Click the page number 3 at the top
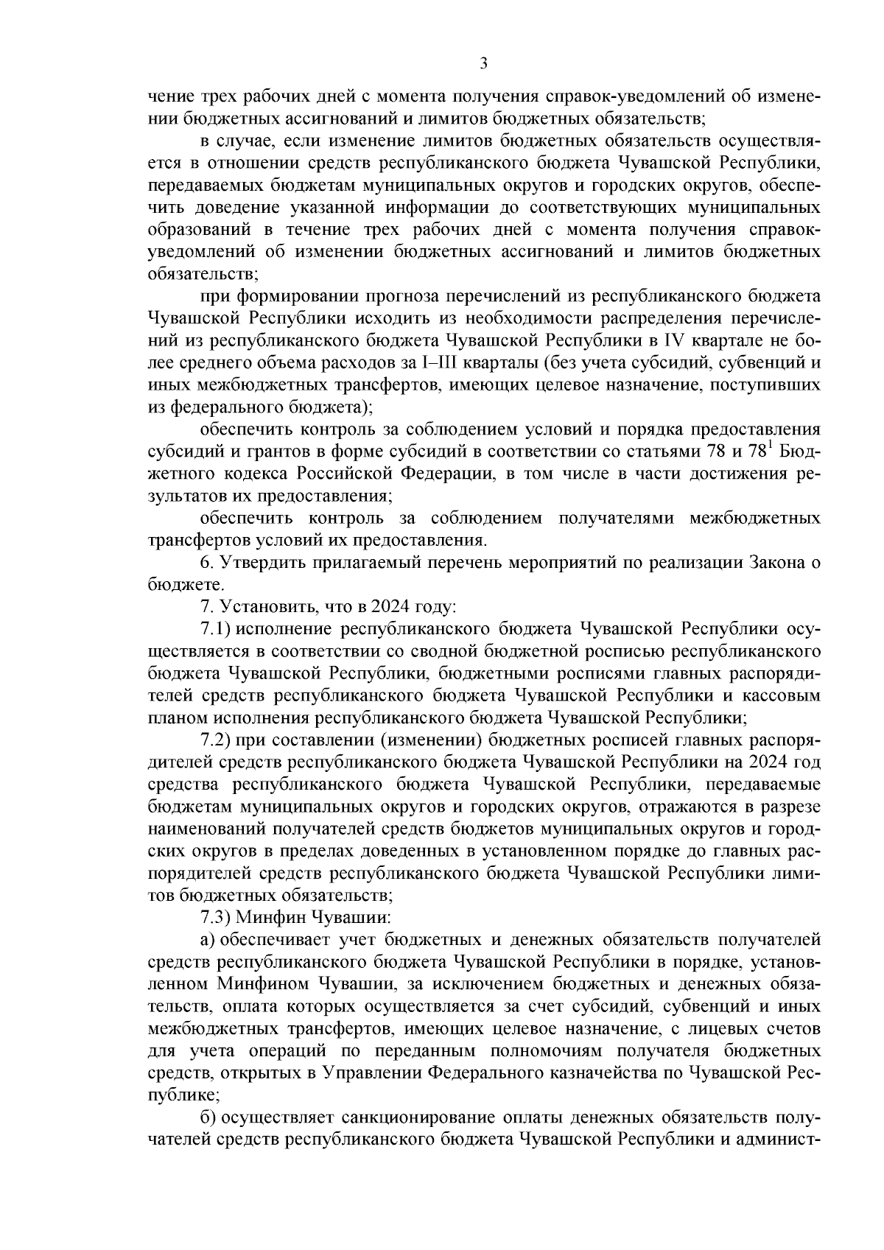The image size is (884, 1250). (x=483, y=64)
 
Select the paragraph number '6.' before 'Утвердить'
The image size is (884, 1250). (x=207, y=563)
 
